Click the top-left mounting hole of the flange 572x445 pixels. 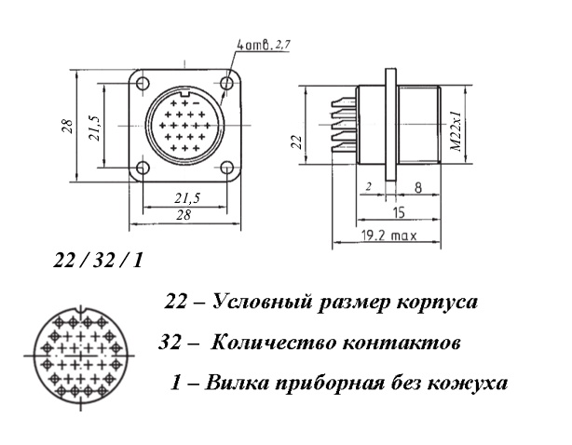point(143,83)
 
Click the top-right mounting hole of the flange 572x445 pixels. point(227,83)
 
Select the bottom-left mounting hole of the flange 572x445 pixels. point(143,168)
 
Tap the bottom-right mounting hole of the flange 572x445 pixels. point(227,168)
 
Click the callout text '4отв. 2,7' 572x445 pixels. point(264,45)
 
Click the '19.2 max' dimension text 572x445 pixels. point(388,236)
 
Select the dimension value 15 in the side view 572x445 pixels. point(400,212)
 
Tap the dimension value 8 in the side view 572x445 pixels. point(418,187)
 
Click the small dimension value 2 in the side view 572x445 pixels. point(368,187)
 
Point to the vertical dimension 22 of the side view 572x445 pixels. point(298,142)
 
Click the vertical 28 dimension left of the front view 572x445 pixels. point(68,126)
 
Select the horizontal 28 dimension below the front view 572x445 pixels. point(184,215)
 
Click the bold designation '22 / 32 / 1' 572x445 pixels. point(98,261)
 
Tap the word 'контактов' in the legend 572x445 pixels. point(401,343)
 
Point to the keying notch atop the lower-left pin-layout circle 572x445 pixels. point(81,312)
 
